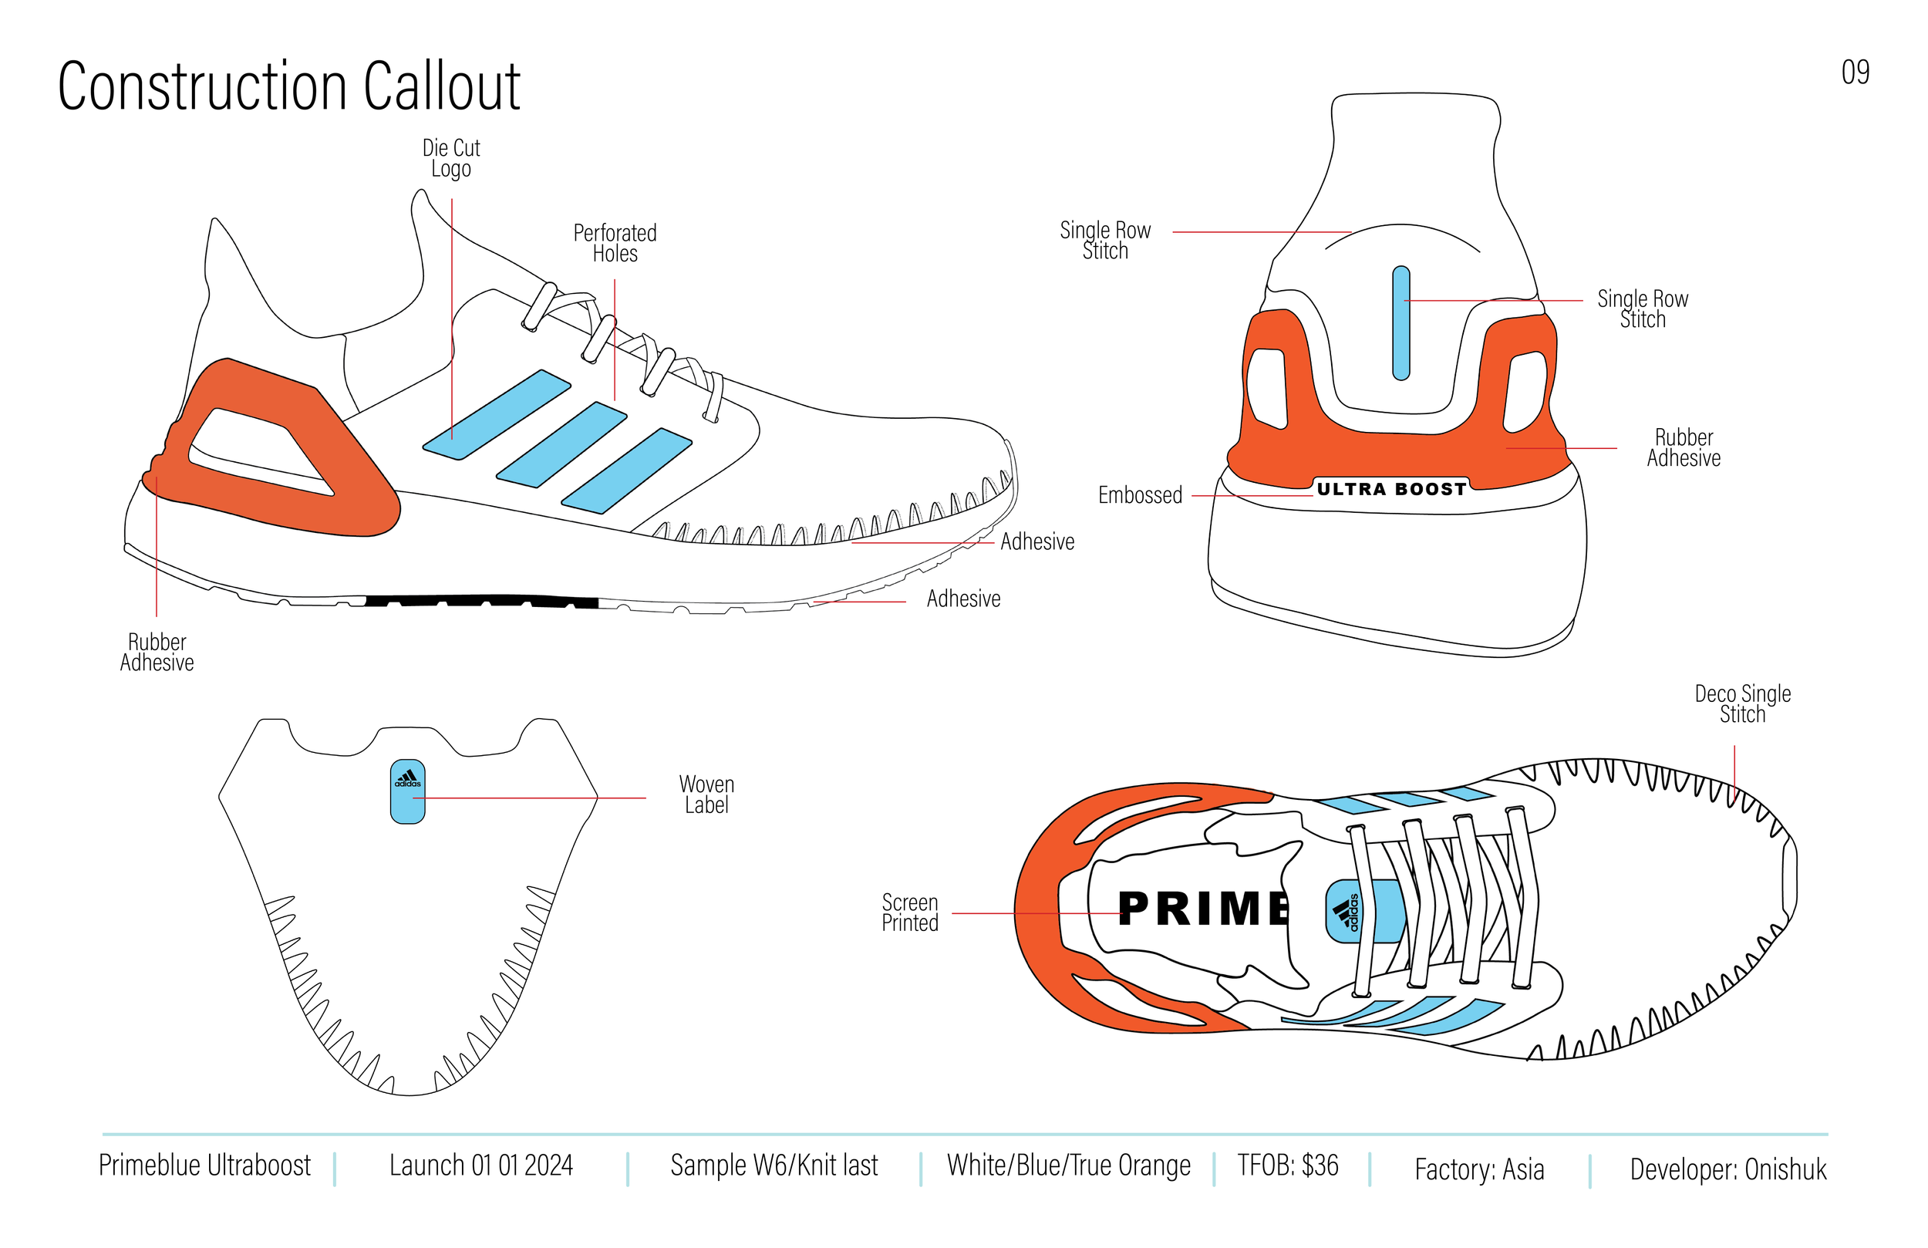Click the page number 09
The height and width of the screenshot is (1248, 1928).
pos(1855,73)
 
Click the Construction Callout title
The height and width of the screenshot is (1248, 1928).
pos(288,86)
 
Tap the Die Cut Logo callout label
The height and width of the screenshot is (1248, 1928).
pos(451,159)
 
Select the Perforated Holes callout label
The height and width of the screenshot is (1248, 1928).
pos(615,243)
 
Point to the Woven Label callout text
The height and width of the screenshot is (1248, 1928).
pos(706,795)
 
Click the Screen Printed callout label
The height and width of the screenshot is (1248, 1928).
pos(910,912)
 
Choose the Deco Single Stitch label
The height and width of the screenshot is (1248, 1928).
pos(1742,704)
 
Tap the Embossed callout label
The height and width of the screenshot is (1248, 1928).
pos(1140,495)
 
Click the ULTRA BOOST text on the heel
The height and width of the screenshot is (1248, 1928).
pos(1391,490)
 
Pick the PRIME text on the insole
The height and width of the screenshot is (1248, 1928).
pos(1204,909)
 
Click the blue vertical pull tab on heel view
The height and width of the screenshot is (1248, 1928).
pos(1400,323)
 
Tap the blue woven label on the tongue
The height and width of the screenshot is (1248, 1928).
pos(407,791)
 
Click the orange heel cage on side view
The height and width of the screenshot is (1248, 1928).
pos(356,486)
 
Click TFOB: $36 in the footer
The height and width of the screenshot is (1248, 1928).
pos(1287,1165)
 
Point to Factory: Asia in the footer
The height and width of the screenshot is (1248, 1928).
pos(1479,1169)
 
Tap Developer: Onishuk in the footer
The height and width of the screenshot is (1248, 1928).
pos(1728,1169)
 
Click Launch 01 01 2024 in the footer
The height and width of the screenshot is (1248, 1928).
pos(481,1165)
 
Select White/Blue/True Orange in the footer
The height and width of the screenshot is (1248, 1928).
pos(1069,1165)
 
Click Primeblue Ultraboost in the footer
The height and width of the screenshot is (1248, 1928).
pos(205,1165)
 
